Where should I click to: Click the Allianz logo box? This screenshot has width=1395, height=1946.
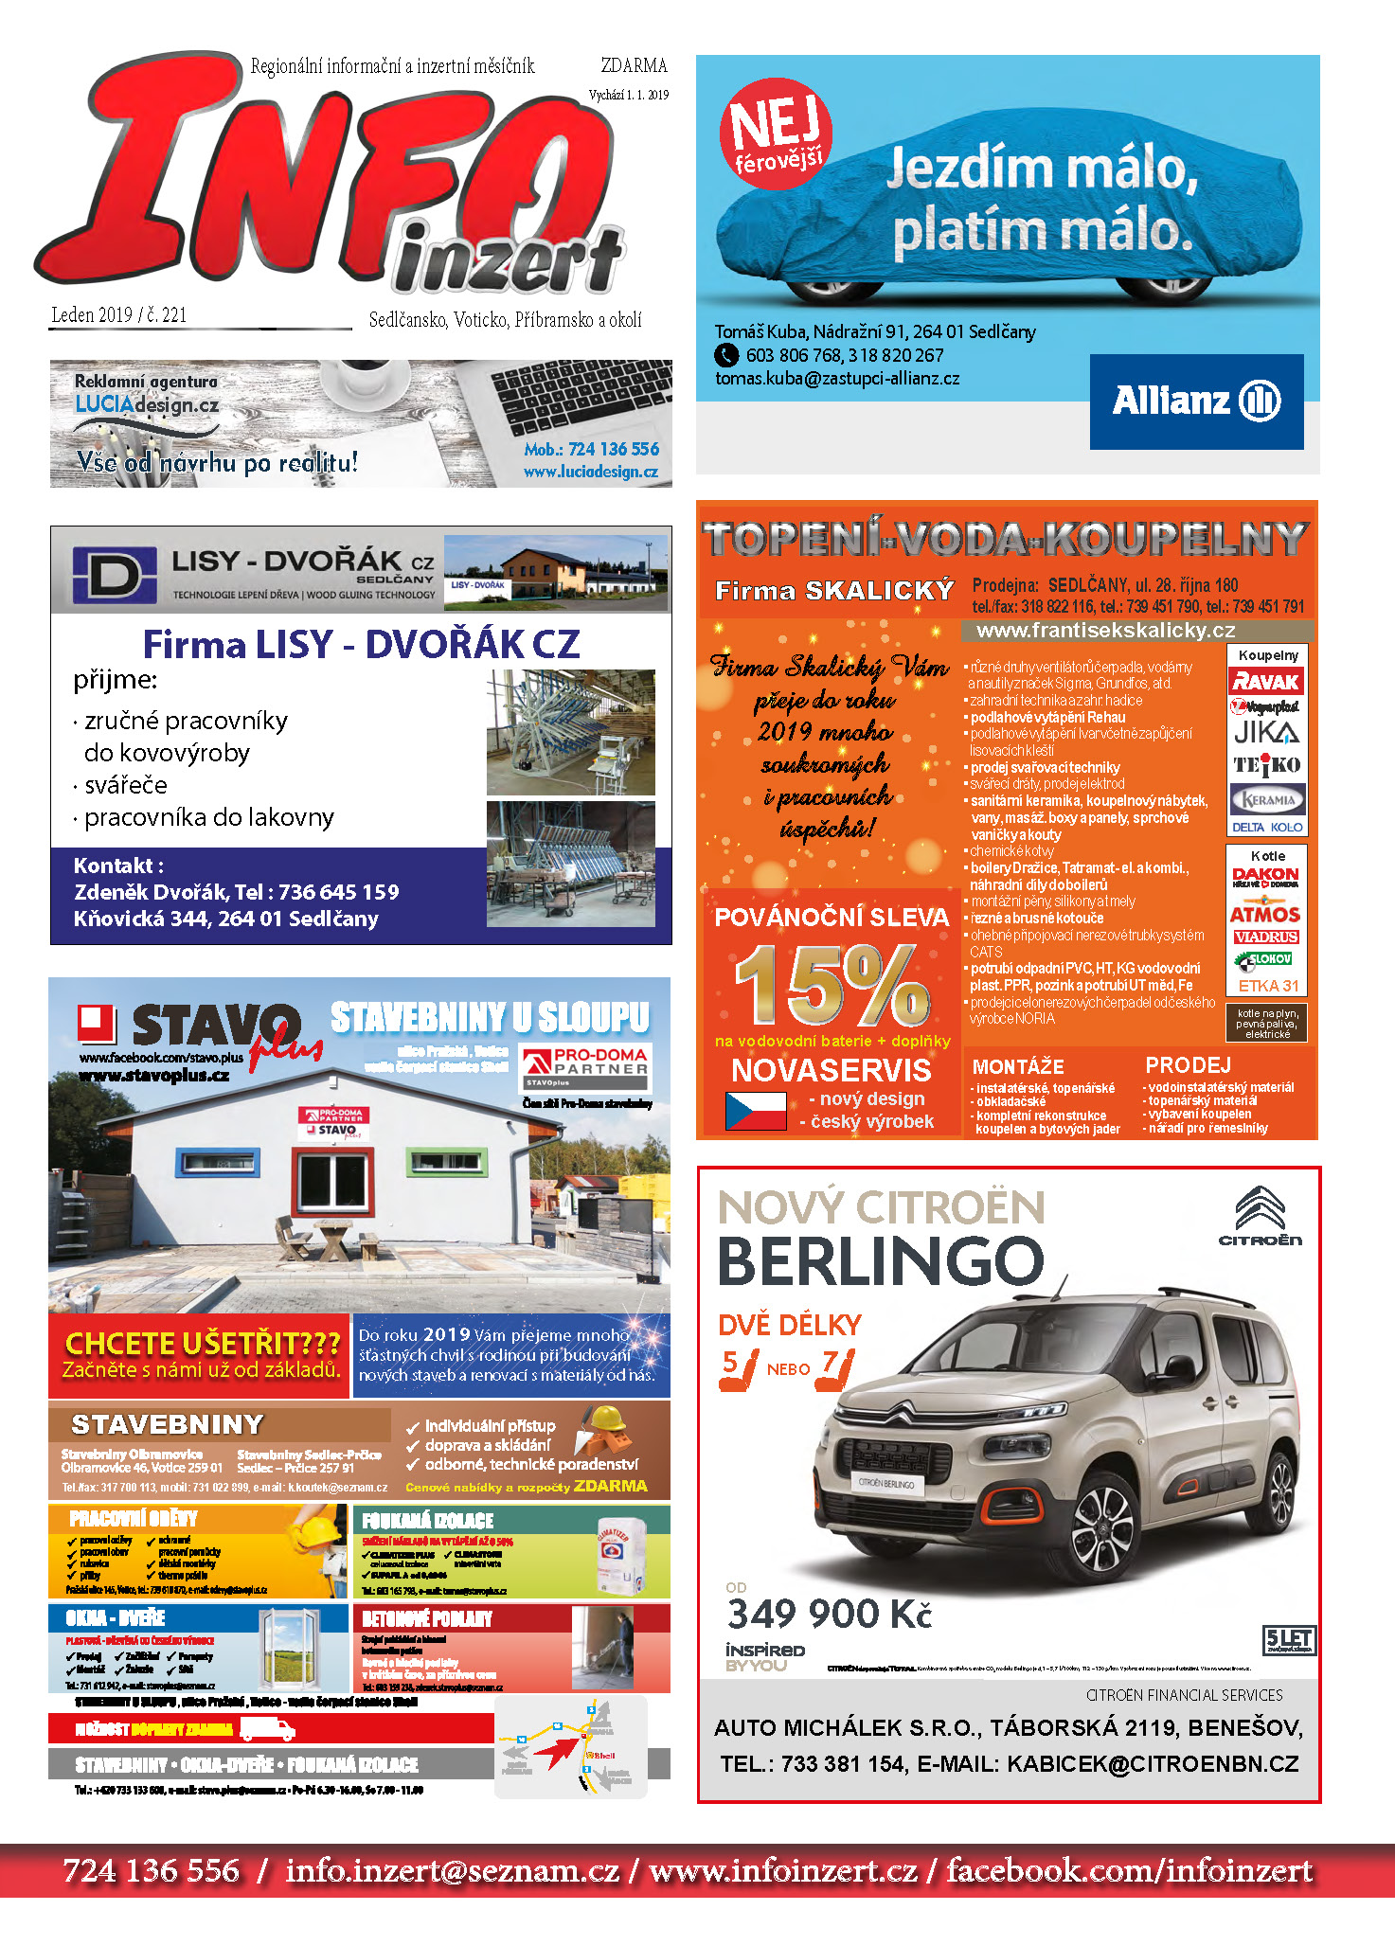point(1196,402)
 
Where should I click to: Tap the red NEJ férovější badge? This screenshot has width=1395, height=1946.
point(776,134)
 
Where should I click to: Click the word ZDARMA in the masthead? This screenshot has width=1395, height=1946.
point(634,65)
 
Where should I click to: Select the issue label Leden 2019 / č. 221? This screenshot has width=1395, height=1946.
point(118,315)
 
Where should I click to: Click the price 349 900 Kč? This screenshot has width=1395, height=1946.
point(830,1614)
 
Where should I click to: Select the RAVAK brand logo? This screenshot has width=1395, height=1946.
point(1266,681)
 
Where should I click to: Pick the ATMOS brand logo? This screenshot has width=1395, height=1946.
point(1265,914)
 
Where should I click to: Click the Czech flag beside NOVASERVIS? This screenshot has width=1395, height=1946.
point(755,1111)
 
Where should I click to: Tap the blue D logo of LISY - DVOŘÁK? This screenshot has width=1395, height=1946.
point(115,574)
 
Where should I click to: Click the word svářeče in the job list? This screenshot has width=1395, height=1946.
point(126,785)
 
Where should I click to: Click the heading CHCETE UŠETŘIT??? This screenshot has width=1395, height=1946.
point(202,1343)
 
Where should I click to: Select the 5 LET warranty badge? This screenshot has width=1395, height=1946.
point(1288,1639)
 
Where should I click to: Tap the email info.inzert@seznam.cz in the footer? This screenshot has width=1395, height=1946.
point(452,1870)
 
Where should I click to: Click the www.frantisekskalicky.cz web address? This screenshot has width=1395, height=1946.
point(1105,631)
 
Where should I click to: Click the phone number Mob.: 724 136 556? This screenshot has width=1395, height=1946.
point(591,449)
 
